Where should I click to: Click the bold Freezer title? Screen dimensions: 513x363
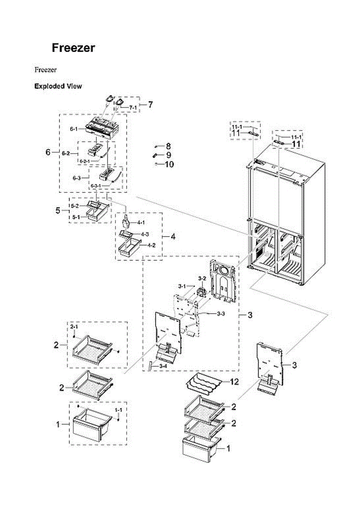click(x=73, y=48)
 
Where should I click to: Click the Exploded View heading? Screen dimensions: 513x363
click(x=58, y=86)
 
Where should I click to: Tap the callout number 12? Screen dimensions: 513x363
click(x=234, y=381)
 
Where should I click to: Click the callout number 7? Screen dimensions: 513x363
click(x=150, y=104)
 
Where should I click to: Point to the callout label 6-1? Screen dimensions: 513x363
click(x=74, y=129)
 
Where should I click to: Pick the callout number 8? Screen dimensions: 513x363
click(x=168, y=146)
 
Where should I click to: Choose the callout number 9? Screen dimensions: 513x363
click(x=168, y=155)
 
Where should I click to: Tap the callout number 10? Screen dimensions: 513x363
click(x=169, y=164)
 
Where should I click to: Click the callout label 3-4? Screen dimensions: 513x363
click(x=162, y=366)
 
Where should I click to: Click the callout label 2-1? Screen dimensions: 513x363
click(x=74, y=327)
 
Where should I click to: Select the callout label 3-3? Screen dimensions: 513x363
click(x=221, y=314)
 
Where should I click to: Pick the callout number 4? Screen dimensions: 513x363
click(x=173, y=236)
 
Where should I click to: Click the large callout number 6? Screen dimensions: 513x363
click(x=48, y=152)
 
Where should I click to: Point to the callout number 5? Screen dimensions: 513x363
click(x=59, y=210)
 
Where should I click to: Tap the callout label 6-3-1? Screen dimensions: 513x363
click(x=97, y=186)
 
